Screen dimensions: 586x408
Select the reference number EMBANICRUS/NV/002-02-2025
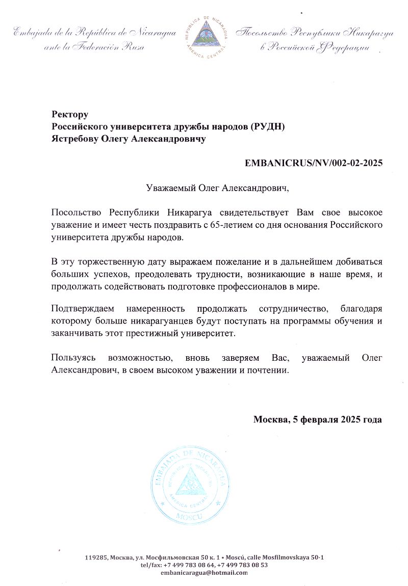tap(314, 164)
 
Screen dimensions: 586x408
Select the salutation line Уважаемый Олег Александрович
tap(217, 189)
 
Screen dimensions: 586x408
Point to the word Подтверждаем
tap(83, 309)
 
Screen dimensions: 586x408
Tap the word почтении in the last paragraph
tap(268, 370)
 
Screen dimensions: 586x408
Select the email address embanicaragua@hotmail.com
tap(203, 573)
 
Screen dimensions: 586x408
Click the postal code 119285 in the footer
tap(96, 557)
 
